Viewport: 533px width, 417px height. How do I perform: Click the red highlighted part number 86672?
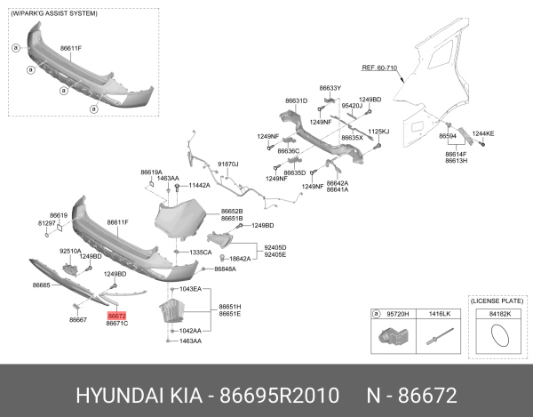117,316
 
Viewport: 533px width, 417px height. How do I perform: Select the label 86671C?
117,324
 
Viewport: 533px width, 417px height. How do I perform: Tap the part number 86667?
77,319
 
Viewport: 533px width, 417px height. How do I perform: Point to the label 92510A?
70,252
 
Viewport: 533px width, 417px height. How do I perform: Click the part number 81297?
46,223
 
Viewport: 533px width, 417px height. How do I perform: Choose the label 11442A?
199,186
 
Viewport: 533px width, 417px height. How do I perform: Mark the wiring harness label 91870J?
228,164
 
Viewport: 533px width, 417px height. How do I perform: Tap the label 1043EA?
190,289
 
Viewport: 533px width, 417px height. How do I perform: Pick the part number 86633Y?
330,89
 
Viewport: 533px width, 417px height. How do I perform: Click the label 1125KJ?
378,131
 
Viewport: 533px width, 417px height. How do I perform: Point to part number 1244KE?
483,133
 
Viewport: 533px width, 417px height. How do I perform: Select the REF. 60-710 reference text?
379,68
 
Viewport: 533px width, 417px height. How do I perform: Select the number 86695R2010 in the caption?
287,392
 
